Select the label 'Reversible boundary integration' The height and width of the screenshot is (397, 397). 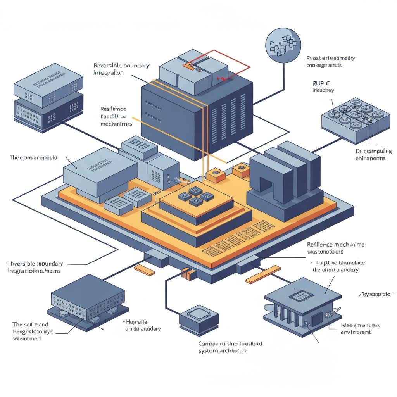[x=121, y=69]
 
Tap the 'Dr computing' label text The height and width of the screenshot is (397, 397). [x=373, y=154]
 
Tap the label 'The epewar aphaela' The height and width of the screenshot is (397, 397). [x=33, y=158]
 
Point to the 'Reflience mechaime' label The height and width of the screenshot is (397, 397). [x=335, y=245]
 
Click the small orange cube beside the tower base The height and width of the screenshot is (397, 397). [x=216, y=176]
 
